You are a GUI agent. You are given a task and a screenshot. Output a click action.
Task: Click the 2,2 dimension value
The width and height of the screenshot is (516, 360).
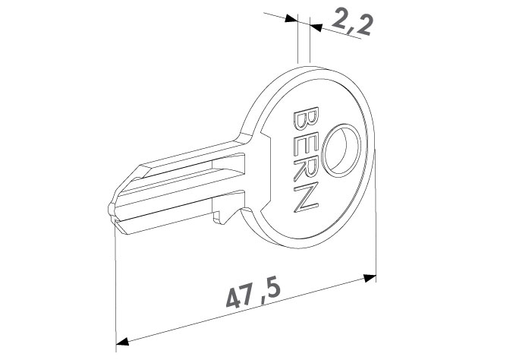tap(352, 21)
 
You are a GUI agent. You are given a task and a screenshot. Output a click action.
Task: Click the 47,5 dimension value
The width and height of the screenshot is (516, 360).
tap(253, 294)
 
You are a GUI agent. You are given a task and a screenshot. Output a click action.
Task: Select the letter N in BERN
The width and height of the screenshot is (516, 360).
tap(306, 198)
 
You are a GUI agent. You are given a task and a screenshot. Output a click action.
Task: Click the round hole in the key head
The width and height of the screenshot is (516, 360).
tap(341, 150)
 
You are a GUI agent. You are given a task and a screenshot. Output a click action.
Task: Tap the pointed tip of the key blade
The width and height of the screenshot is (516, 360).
tap(109, 208)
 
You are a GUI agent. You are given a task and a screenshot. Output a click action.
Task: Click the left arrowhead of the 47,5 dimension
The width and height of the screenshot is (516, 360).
tap(122, 341)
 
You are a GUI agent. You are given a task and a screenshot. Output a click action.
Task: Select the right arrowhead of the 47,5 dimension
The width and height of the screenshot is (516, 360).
tap(370, 278)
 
